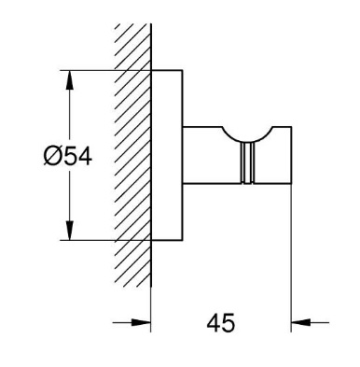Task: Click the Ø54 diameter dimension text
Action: (68, 156)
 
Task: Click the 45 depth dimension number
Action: (221, 323)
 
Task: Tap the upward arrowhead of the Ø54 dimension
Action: (69, 81)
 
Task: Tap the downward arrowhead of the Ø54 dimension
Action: (69, 230)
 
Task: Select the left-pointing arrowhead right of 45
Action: (301, 322)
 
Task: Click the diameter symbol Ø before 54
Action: (51, 156)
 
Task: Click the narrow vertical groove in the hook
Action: (247, 163)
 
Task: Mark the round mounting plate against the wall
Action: (167, 155)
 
